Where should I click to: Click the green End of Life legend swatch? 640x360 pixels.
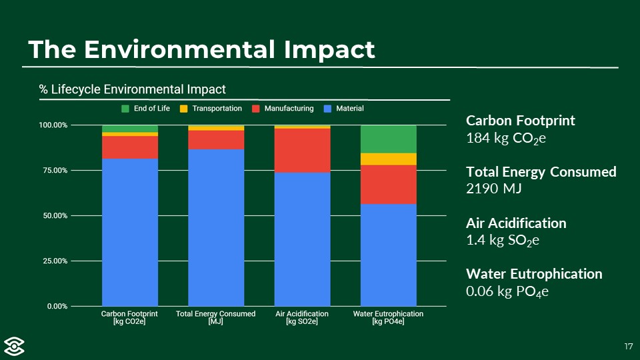(125, 109)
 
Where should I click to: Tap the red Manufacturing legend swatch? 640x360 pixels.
(256, 109)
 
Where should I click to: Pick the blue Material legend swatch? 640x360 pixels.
(327, 109)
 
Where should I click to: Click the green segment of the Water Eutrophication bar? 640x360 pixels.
(388, 139)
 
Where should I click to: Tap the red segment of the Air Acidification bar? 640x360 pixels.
(302, 150)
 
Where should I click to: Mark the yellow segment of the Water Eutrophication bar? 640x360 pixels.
(388, 159)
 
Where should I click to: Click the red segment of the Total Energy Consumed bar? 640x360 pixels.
(216, 139)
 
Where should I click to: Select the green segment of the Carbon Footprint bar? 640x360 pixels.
(130, 129)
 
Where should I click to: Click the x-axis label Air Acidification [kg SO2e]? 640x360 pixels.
(302, 317)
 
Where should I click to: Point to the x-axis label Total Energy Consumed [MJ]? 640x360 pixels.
(215, 317)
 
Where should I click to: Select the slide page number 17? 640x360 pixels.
(628, 346)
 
